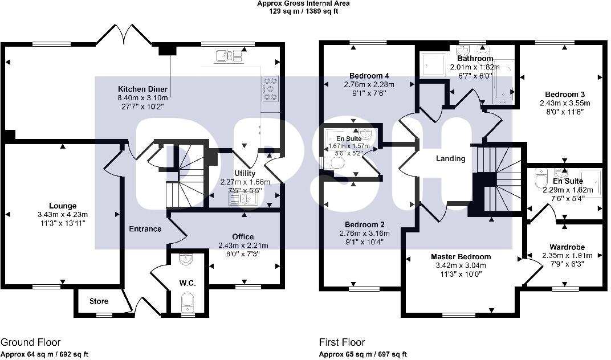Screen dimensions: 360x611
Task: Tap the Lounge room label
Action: click(63, 206)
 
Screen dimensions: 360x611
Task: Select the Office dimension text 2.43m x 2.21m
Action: click(243, 246)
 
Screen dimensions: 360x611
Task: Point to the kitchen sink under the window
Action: click(231, 55)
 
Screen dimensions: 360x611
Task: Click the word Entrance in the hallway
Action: click(145, 229)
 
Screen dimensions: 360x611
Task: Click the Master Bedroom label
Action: click(461, 257)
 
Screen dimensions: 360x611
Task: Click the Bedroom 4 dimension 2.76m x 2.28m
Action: click(369, 84)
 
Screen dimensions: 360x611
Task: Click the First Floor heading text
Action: click(342, 342)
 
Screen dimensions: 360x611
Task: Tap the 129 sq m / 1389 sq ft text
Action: click(303, 11)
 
